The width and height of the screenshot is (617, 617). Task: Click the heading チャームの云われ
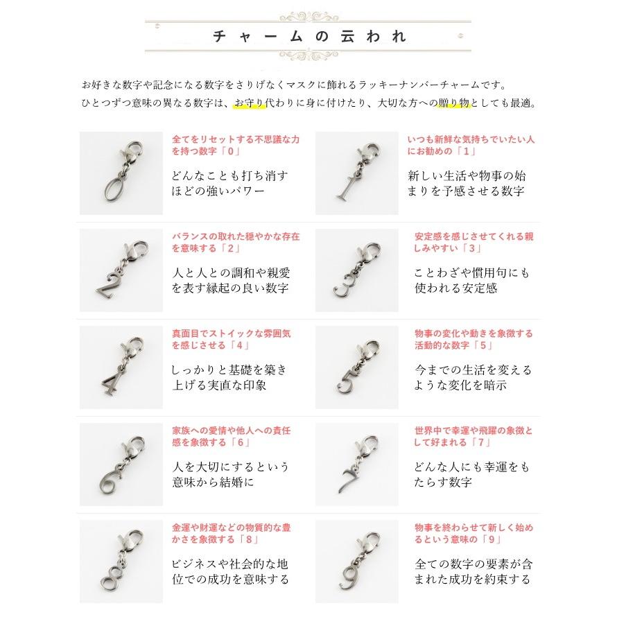click(x=308, y=36)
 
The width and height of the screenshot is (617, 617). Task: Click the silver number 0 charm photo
click(x=121, y=173)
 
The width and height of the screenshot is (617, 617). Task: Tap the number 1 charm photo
click(x=356, y=173)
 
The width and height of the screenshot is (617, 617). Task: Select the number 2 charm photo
click(x=121, y=270)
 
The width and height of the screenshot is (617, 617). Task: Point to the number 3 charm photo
click(x=356, y=270)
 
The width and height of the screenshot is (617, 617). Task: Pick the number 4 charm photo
click(x=121, y=367)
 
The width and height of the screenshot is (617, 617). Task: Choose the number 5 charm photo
click(x=356, y=367)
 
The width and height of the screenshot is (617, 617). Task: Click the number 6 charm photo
click(x=121, y=464)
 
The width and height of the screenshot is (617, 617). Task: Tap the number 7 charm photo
click(x=356, y=464)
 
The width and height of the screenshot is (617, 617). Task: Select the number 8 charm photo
click(x=121, y=561)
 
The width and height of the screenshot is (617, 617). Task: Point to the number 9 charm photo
click(x=356, y=561)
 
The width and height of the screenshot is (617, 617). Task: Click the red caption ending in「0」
click(x=236, y=145)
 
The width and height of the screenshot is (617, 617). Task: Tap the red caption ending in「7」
click(x=471, y=436)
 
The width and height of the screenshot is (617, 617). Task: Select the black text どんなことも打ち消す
click(x=229, y=175)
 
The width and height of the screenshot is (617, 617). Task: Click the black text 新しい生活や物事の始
click(x=466, y=175)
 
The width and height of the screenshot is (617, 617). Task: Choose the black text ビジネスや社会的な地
click(x=229, y=564)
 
